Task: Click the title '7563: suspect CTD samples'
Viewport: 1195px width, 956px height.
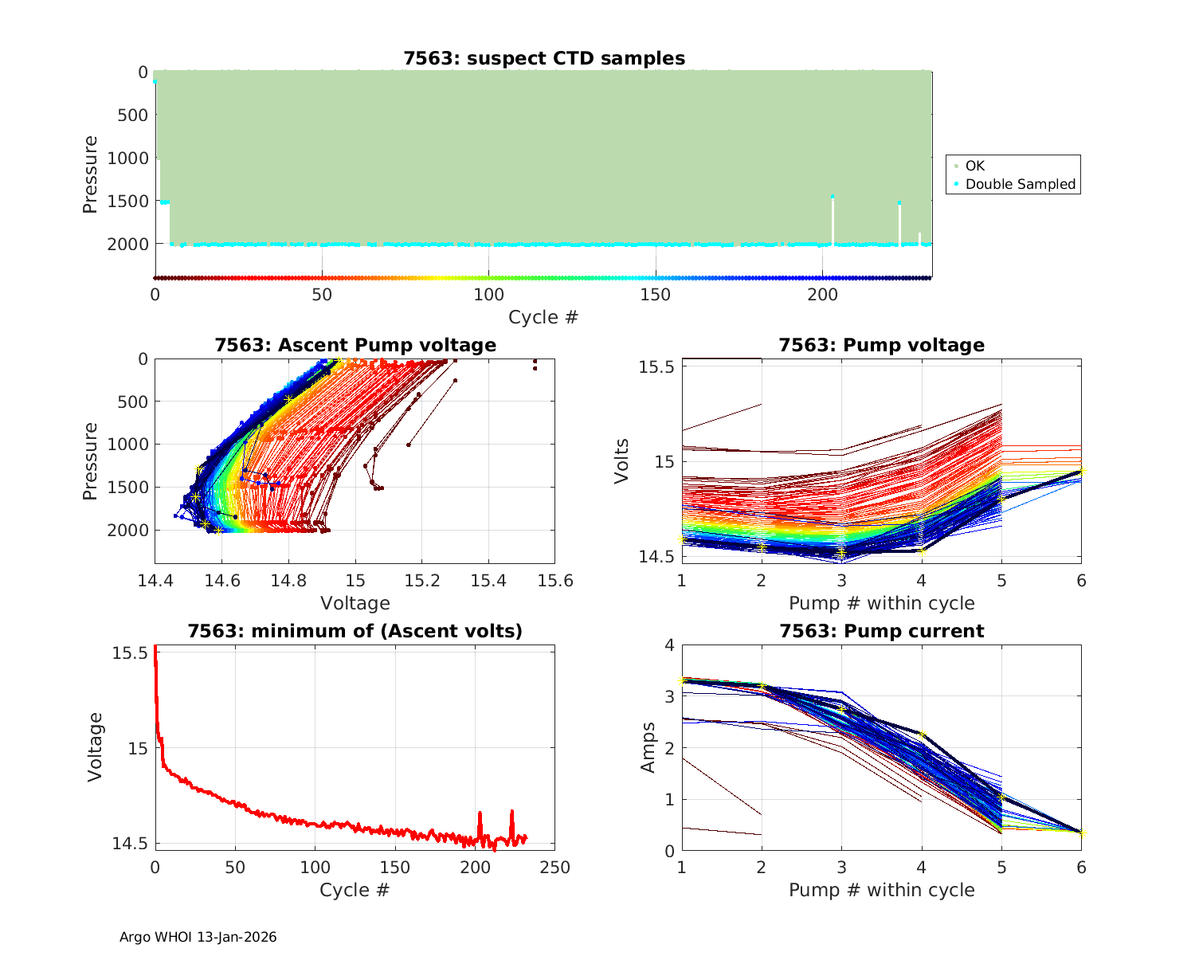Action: pyautogui.click(x=544, y=58)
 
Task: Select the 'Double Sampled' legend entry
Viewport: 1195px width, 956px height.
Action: pyautogui.click(x=1020, y=184)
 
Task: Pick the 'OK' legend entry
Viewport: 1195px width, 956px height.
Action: pyautogui.click(x=974, y=166)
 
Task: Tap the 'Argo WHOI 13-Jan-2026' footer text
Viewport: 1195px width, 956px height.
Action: pyautogui.click(x=198, y=937)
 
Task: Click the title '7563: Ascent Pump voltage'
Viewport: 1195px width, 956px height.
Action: pyautogui.click(x=355, y=345)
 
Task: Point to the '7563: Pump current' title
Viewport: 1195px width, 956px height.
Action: pyautogui.click(x=881, y=631)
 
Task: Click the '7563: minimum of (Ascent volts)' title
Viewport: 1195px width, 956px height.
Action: pyautogui.click(x=355, y=631)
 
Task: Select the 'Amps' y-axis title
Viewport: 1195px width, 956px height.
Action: pyautogui.click(x=648, y=747)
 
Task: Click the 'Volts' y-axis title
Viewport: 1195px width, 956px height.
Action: pyautogui.click(x=621, y=460)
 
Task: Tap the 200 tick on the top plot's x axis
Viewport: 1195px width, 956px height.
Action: pyautogui.click(x=822, y=295)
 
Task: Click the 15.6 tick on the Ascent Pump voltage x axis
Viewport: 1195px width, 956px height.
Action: pyautogui.click(x=555, y=580)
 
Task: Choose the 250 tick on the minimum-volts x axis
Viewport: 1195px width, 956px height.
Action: pyautogui.click(x=555, y=867)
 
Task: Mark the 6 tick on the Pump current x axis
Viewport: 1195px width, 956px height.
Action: pyautogui.click(x=1081, y=867)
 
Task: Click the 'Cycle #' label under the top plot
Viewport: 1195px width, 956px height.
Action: pyautogui.click(x=543, y=317)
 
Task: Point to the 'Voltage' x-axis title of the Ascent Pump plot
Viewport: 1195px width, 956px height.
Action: pyautogui.click(x=355, y=603)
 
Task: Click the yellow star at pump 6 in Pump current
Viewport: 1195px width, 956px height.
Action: pyautogui.click(x=1081, y=833)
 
